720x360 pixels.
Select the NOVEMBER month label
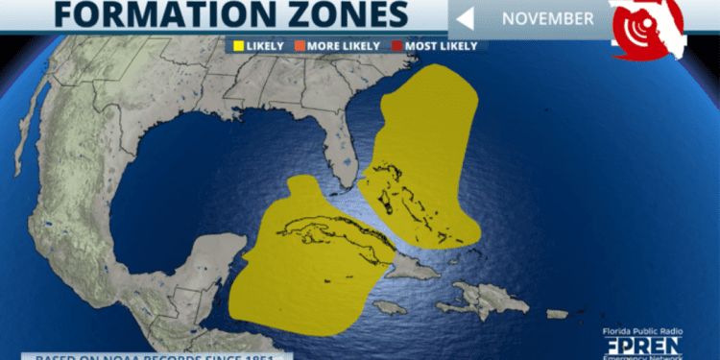click(x=547, y=17)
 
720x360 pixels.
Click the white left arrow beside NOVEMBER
click(x=466, y=18)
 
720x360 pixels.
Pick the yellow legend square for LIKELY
click(x=234, y=45)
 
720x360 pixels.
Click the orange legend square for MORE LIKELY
click(x=299, y=45)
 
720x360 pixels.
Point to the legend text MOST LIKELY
click(x=444, y=45)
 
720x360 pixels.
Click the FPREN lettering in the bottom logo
click(x=643, y=345)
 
